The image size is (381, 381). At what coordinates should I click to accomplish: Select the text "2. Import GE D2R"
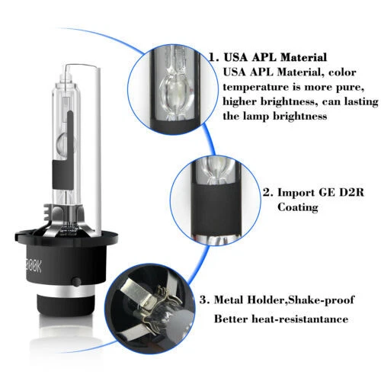pos(298,193)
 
